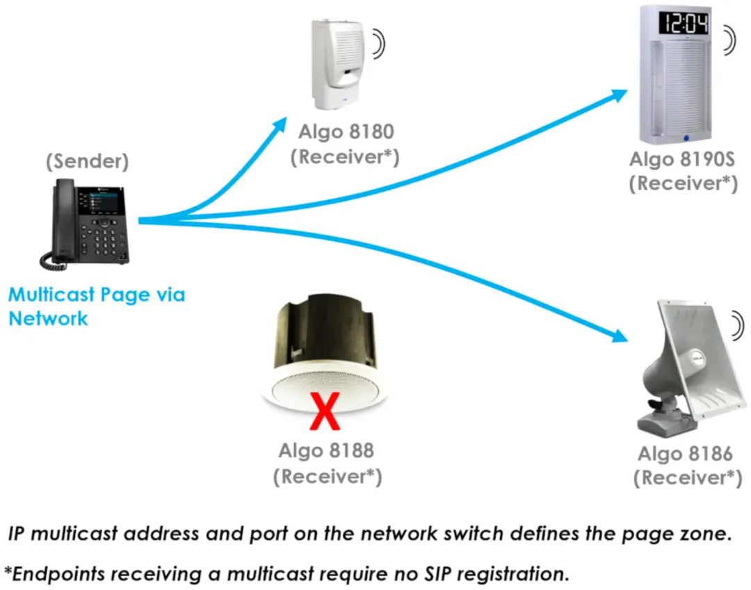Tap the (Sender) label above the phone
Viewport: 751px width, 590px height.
[x=88, y=161]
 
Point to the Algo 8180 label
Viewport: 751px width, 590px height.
[x=346, y=131]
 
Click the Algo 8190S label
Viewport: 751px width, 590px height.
[x=682, y=158]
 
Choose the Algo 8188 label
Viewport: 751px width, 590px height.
[x=326, y=450]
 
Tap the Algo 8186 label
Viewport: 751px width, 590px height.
[x=686, y=454]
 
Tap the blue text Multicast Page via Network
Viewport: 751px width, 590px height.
[x=96, y=306]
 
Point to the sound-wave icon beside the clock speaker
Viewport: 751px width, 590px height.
[x=728, y=40]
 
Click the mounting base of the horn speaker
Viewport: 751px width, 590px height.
[x=664, y=420]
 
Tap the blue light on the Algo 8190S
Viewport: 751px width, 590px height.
[x=685, y=137]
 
